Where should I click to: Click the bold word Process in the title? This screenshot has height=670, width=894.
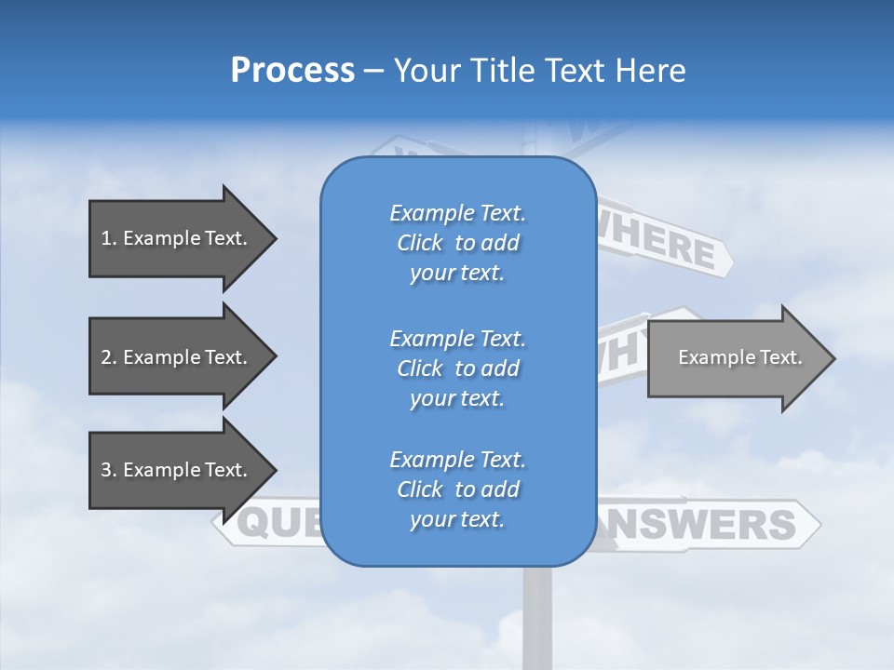point(292,70)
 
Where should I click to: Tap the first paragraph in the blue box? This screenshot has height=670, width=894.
point(457,243)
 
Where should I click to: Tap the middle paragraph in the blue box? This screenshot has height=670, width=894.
point(457,368)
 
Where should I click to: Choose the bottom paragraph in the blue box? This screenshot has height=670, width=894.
point(457,489)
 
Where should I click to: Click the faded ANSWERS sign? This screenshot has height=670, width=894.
point(708,525)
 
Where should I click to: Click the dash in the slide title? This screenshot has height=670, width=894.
point(374,72)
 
